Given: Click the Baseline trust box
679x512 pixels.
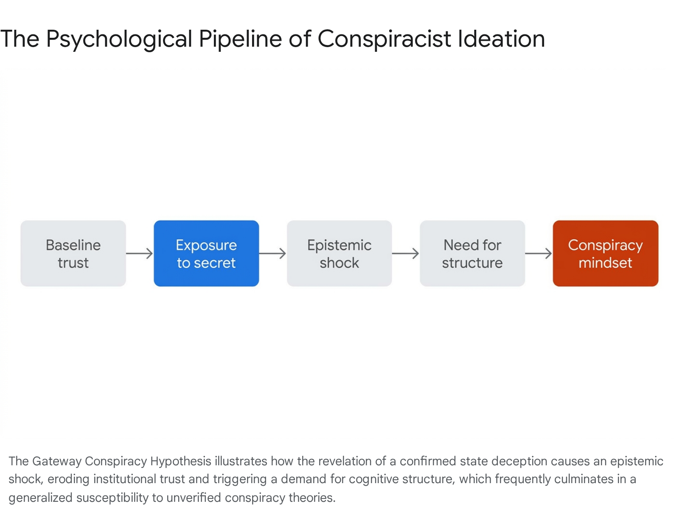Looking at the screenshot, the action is pyautogui.click(x=73, y=253).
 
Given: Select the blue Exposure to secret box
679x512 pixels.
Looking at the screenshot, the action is pyautogui.click(x=206, y=253).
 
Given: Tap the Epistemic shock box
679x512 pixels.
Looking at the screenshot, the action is pyautogui.click(x=339, y=253).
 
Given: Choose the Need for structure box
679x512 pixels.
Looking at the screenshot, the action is pyautogui.click(x=472, y=253).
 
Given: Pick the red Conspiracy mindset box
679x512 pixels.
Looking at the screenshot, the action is pyautogui.click(x=606, y=253).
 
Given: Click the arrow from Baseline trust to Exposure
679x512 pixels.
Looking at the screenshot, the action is pyautogui.click(x=140, y=253).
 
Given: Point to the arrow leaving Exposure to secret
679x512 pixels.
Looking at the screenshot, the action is pyautogui.click(x=272, y=253).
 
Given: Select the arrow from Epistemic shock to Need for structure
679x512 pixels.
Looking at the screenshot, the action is pyautogui.click(x=406, y=253).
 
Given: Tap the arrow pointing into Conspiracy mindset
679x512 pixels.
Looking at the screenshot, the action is pyautogui.click(x=539, y=253).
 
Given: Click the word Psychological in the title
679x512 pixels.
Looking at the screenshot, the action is pyautogui.click(x=119, y=39).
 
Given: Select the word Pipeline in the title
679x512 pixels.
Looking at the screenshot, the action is pyautogui.click(x=240, y=39).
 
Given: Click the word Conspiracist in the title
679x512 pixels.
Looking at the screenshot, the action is pyautogui.click(x=384, y=39).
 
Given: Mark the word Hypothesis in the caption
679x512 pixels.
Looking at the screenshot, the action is pyautogui.click(x=181, y=461).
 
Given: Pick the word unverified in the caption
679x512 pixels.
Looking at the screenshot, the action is pyautogui.click(x=194, y=498).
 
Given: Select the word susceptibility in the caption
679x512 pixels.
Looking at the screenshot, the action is pyautogui.click(x=112, y=498).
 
